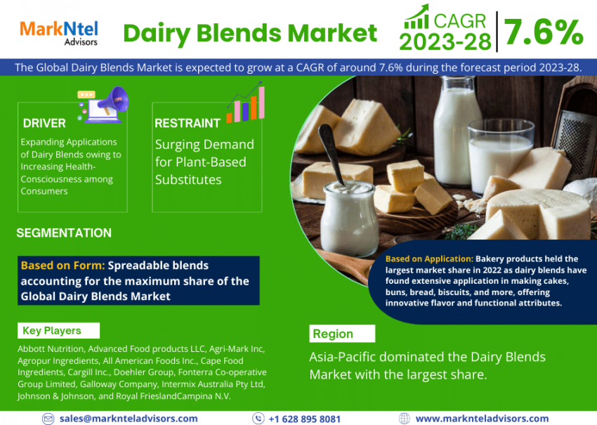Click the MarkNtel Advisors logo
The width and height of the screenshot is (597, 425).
click(59, 33)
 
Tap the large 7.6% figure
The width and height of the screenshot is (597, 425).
click(544, 32)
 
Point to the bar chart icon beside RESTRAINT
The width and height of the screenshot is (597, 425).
click(246, 102)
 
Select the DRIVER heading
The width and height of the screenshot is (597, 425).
click(44, 123)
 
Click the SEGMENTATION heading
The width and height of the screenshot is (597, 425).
click(64, 233)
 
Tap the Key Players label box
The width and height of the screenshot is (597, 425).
click(58, 331)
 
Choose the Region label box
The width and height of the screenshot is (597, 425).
click(342, 334)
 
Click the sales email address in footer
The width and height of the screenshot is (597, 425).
click(129, 418)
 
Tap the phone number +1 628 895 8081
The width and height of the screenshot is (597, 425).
click(304, 419)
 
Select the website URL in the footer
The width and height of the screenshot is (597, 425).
click(482, 419)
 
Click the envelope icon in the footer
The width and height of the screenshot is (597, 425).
click(48, 419)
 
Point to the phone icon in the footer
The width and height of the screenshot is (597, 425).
click(258, 418)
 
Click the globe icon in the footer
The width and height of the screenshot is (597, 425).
click(405, 418)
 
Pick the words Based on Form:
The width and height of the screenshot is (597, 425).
click(63, 265)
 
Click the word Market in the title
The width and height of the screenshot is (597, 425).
click(332, 33)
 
